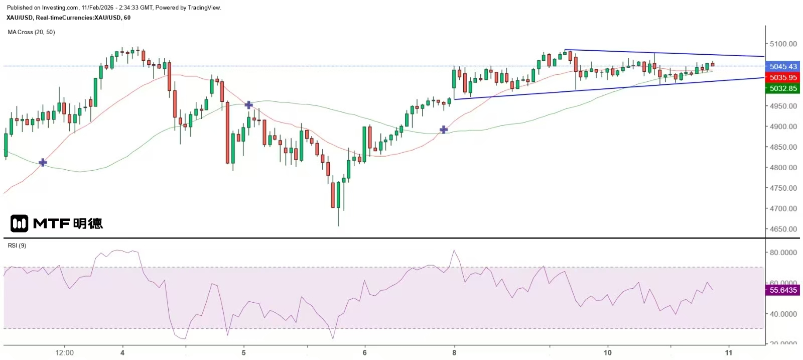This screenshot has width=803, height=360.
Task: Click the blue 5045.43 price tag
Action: pyautogui.click(x=783, y=66)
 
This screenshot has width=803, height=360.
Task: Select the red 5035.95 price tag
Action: pyautogui.click(x=783, y=77)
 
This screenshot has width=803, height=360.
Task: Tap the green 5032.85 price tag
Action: pyautogui.click(x=783, y=88)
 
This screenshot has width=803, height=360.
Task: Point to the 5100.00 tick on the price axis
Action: pyautogui.click(x=783, y=44)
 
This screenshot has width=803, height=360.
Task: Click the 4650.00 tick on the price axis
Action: pyautogui.click(x=783, y=229)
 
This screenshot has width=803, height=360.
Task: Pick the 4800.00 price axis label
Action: pyautogui.click(x=783, y=167)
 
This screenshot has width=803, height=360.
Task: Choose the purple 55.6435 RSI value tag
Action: pyautogui.click(x=783, y=290)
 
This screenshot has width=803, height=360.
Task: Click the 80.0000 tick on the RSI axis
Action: pyautogui.click(x=783, y=253)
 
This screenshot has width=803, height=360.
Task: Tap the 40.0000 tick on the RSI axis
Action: pyautogui.click(x=783, y=314)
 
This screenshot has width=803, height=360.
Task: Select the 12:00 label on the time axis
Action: pyautogui.click(x=64, y=352)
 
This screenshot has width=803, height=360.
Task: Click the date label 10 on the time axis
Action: pyautogui.click(x=607, y=352)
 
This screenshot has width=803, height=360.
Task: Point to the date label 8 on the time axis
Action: pyautogui.click(x=454, y=352)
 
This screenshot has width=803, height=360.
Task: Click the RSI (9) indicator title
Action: pyautogui.click(x=17, y=246)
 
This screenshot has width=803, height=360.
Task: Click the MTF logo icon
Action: pyautogui.click(x=19, y=223)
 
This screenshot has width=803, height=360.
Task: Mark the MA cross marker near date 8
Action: pyautogui.click(x=444, y=130)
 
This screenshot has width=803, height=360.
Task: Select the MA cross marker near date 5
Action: pyautogui.click(x=248, y=105)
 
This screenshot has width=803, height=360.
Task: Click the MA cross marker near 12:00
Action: pyautogui.click(x=43, y=162)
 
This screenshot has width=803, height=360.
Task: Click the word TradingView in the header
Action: pyautogui.click(x=204, y=8)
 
